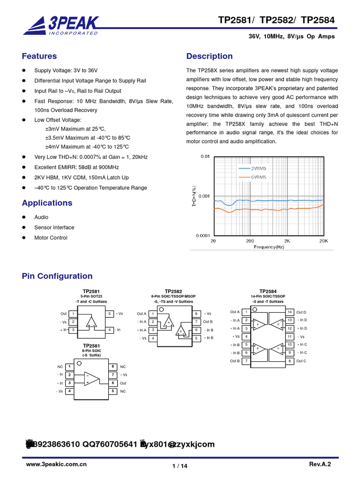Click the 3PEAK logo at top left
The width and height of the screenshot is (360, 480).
click(x=60, y=25)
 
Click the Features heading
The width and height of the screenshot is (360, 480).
click(x=39, y=56)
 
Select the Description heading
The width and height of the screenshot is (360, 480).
click(x=209, y=56)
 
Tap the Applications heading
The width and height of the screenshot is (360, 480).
click(x=47, y=203)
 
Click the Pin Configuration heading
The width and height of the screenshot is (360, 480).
click(x=57, y=276)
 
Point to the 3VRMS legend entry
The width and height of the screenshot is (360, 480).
click(x=258, y=167)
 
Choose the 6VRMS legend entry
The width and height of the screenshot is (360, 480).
click(x=258, y=177)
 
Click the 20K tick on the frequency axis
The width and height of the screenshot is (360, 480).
click(x=323, y=240)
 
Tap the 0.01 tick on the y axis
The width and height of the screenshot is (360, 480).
click(x=205, y=157)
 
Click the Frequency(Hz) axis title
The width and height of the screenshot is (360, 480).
click(x=269, y=247)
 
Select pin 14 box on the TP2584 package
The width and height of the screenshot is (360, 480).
click(x=290, y=312)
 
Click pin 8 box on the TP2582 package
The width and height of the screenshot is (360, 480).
click(x=196, y=314)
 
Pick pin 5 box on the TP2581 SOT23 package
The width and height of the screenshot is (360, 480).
click(x=109, y=314)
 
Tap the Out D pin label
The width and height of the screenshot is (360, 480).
click(x=301, y=312)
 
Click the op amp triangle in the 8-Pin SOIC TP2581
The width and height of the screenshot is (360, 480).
click(x=92, y=379)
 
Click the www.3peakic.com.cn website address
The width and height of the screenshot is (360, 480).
click(x=56, y=464)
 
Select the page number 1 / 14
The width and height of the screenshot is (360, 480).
click(x=180, y=465)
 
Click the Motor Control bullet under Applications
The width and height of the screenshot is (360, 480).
click(x=51, y=238)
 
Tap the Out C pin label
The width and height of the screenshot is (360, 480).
click(x=301, y=361)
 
